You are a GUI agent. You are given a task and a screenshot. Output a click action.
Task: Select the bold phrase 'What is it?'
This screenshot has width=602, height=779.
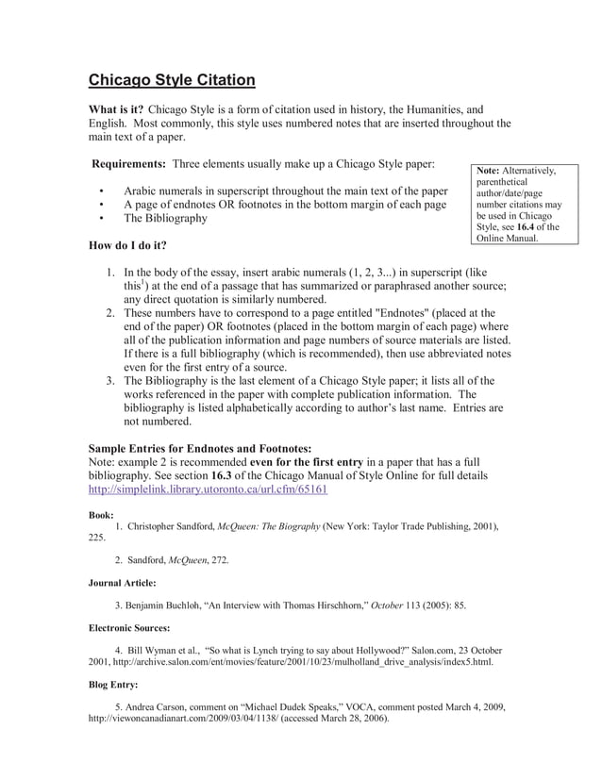click(x=116, y=109)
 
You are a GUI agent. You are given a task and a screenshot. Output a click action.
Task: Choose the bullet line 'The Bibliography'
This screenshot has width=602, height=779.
click(x=165, y=218)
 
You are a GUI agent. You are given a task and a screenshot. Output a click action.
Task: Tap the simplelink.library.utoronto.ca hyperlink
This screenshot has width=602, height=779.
click(x=208, y=490)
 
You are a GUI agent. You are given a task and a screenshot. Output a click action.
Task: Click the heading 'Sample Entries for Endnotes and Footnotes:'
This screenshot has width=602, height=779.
click(x=200, y=448)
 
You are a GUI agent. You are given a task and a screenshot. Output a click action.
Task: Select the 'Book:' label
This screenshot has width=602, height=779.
click(x=101, y=516)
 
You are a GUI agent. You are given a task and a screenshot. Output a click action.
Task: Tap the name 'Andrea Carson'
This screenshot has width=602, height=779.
click(x=166, y=706)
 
